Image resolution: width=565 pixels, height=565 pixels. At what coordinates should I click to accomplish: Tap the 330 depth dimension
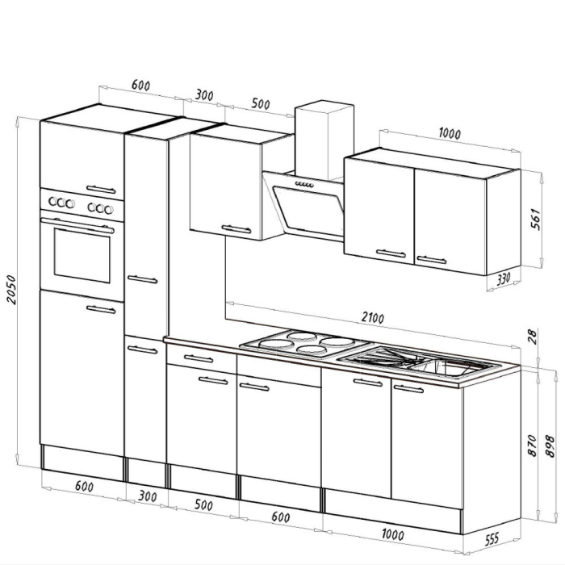point(504,279)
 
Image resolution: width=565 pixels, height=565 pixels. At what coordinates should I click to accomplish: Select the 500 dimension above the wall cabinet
point(261,104)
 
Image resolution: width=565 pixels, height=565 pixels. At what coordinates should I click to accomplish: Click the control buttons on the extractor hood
point(305,186)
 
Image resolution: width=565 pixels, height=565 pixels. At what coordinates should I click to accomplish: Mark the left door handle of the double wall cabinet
point(391,253)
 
